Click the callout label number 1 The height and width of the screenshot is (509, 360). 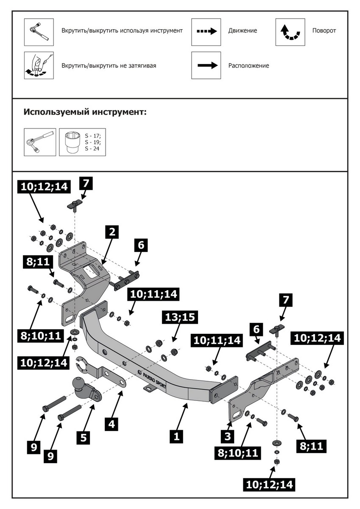click(176, 436)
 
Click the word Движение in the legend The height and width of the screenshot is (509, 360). click(243, 31)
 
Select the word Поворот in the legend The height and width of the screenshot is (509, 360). click(324, 31)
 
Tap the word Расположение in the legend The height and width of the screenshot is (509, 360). click(248, 66)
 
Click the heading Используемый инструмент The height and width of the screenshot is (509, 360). click(85, 112)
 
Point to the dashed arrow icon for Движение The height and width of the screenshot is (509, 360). click(207, 31)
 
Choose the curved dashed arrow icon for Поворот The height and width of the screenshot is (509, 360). click(290, 32)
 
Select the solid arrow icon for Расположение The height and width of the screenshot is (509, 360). click(207, 65)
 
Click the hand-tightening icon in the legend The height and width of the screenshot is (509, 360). click(38, 66)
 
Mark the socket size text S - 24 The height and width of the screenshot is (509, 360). click(92, 149)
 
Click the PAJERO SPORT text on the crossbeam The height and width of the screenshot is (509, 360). click(151, 378)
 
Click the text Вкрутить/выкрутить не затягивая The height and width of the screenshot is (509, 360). click(112, 66)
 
